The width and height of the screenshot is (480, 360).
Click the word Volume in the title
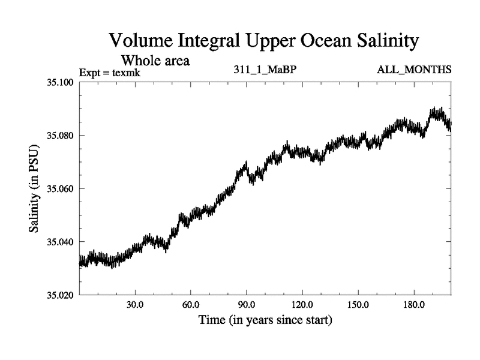click(142, 41)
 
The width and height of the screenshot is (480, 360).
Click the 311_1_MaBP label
click(265, 70)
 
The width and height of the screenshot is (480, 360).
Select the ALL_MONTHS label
click(414, 70)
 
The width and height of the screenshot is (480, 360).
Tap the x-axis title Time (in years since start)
click(265, 321)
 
